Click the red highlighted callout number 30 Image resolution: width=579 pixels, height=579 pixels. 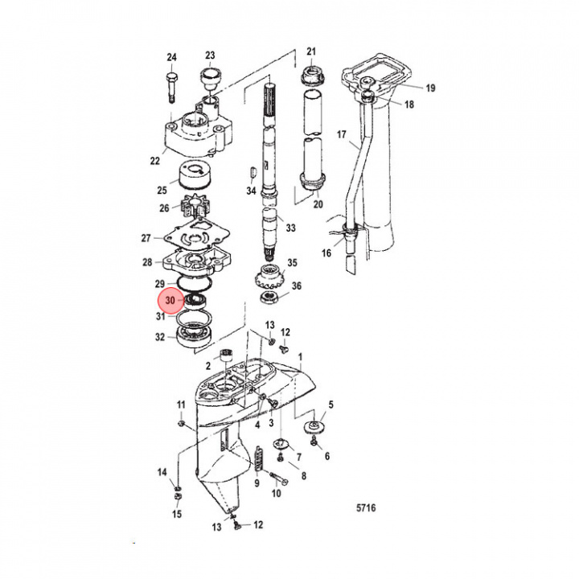[169, 301]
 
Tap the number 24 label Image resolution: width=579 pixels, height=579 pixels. [170, 56]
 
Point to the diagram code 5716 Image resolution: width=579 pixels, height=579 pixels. [367, 508]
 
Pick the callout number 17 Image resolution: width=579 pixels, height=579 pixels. [341, 134]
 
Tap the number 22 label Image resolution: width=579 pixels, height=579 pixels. [154, 161]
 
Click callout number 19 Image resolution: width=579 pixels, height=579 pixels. [429, 88]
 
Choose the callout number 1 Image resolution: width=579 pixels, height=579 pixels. [301, 355]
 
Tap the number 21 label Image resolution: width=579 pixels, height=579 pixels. [312, 52]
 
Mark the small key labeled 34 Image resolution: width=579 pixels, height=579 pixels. [253, 170]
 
